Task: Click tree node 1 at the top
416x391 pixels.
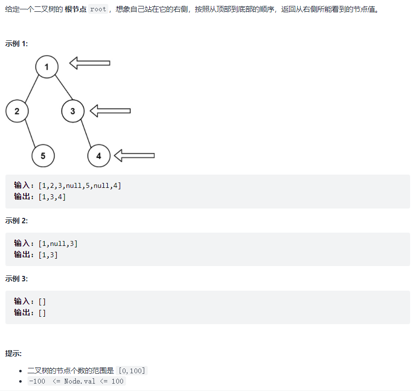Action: click(x=47, y=67)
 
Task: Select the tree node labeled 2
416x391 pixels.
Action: click(x=17, y=111)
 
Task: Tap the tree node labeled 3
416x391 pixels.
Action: click(x=73, y=111)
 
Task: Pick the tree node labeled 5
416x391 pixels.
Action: click(x=43, y=156)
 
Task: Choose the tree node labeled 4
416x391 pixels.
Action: click(x=99, y=156)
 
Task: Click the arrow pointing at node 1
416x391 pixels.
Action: click(x=90, y=63)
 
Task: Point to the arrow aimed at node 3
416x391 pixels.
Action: click(x=110, y=111)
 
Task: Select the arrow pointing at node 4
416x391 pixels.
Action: click(x=134, y=155)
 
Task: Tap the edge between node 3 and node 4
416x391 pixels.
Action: click(x=86, y=133)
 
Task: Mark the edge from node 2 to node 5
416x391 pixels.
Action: click(x=30, y=133)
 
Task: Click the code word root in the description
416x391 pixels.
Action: click(x=98, y=9)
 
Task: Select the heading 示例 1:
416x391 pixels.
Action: click(x=17, y=43)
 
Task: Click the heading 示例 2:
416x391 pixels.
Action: click(x=17, y=220)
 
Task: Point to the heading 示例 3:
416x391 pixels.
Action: click(x=17, y=278)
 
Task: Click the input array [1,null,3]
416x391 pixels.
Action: click(x=58, y=243)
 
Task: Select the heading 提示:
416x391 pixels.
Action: click(x=13, y=353)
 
